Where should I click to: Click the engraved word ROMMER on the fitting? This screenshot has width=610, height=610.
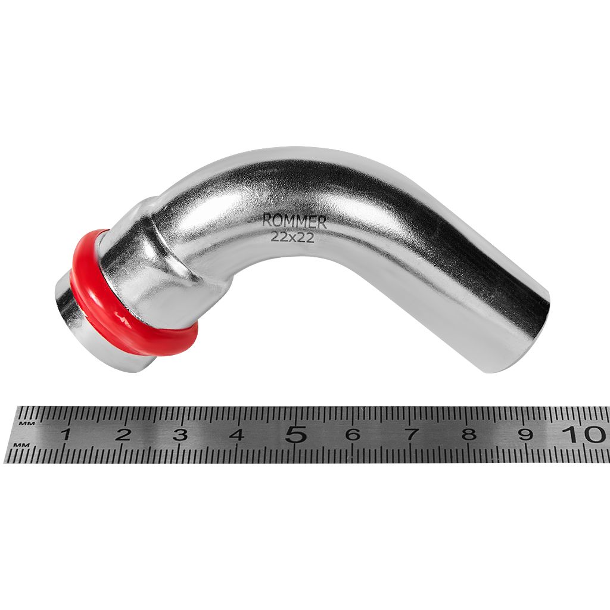[x=294, y=222]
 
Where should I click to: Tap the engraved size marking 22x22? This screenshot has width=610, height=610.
[x=292, y=237]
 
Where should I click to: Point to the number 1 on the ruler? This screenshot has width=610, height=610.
[x=66, y=434]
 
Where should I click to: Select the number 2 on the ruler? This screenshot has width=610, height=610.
[x=123, y=434]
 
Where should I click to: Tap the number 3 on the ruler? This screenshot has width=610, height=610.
[x=180, y=434]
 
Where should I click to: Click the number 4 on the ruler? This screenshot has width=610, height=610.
[x=237, y=434]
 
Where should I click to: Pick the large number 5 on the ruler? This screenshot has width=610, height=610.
[x=295, y=434]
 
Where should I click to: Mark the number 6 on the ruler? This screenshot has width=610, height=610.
[x=353, y=434]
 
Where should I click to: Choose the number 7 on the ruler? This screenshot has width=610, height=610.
[x=411, y=434]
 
